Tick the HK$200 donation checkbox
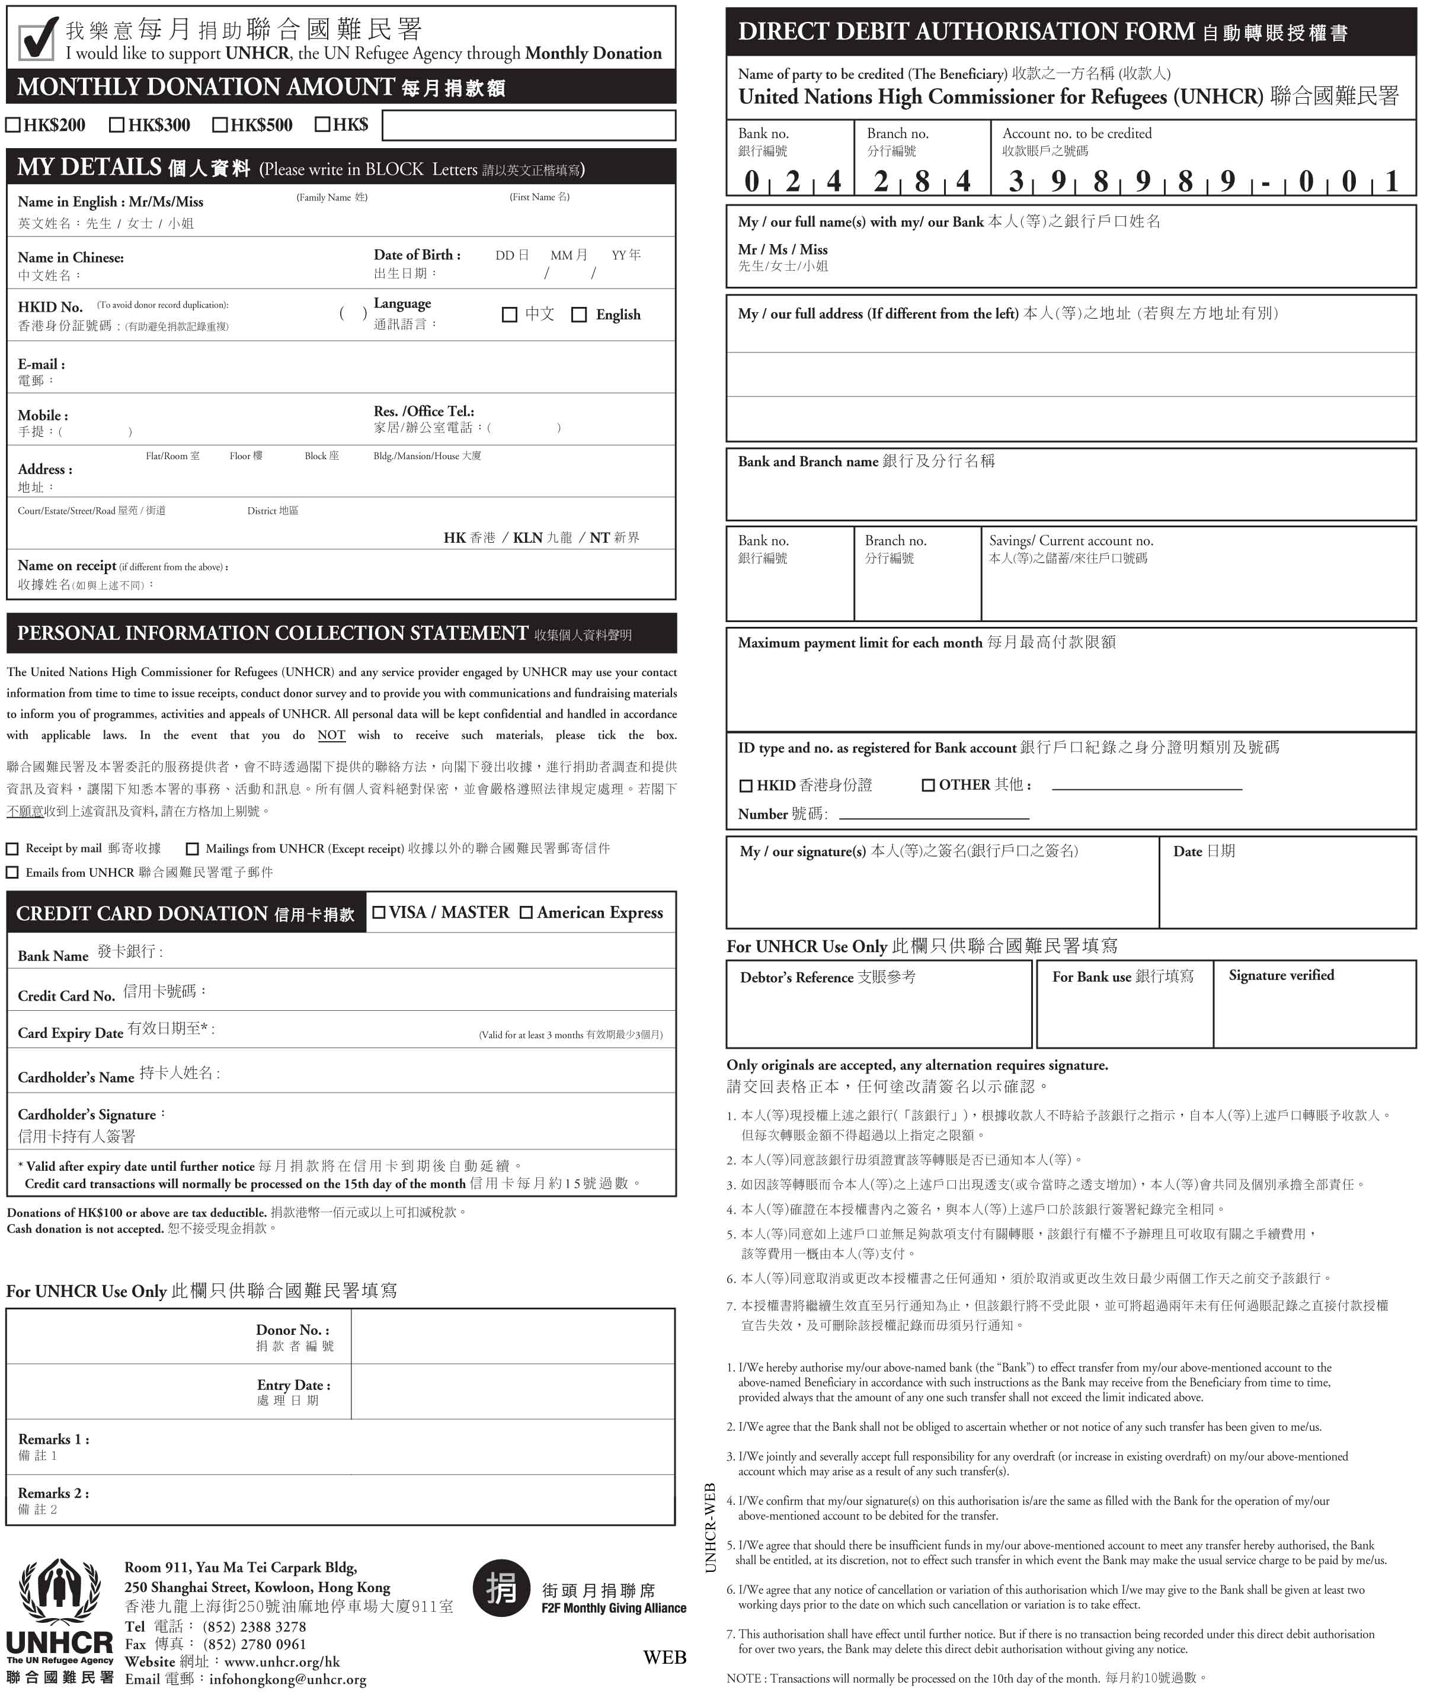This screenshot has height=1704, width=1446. [12, 126]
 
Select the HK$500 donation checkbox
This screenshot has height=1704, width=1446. [220, 126]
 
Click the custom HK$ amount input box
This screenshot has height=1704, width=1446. [529, 126]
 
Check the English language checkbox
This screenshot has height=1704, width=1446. [579, 315]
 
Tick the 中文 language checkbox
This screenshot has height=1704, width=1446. [509, 315]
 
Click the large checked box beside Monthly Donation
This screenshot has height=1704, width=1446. [37, 39]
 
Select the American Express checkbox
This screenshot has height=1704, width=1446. [526, 912]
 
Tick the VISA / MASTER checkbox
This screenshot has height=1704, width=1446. [379, 912]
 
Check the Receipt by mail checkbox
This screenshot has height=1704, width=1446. [12, 848]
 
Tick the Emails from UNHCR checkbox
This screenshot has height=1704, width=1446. [12, 872]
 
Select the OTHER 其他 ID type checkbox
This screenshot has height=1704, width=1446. [928, 785]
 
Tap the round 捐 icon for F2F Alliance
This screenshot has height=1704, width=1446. [501, 1588]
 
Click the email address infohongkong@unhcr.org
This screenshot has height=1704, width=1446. [288, 1679]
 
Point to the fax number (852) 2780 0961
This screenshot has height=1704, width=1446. [254, 1644]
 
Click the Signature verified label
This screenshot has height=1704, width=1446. [1281, 975]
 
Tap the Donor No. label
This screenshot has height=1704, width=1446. [293, 1330]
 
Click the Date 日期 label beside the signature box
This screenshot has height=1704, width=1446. [1204, 851]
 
